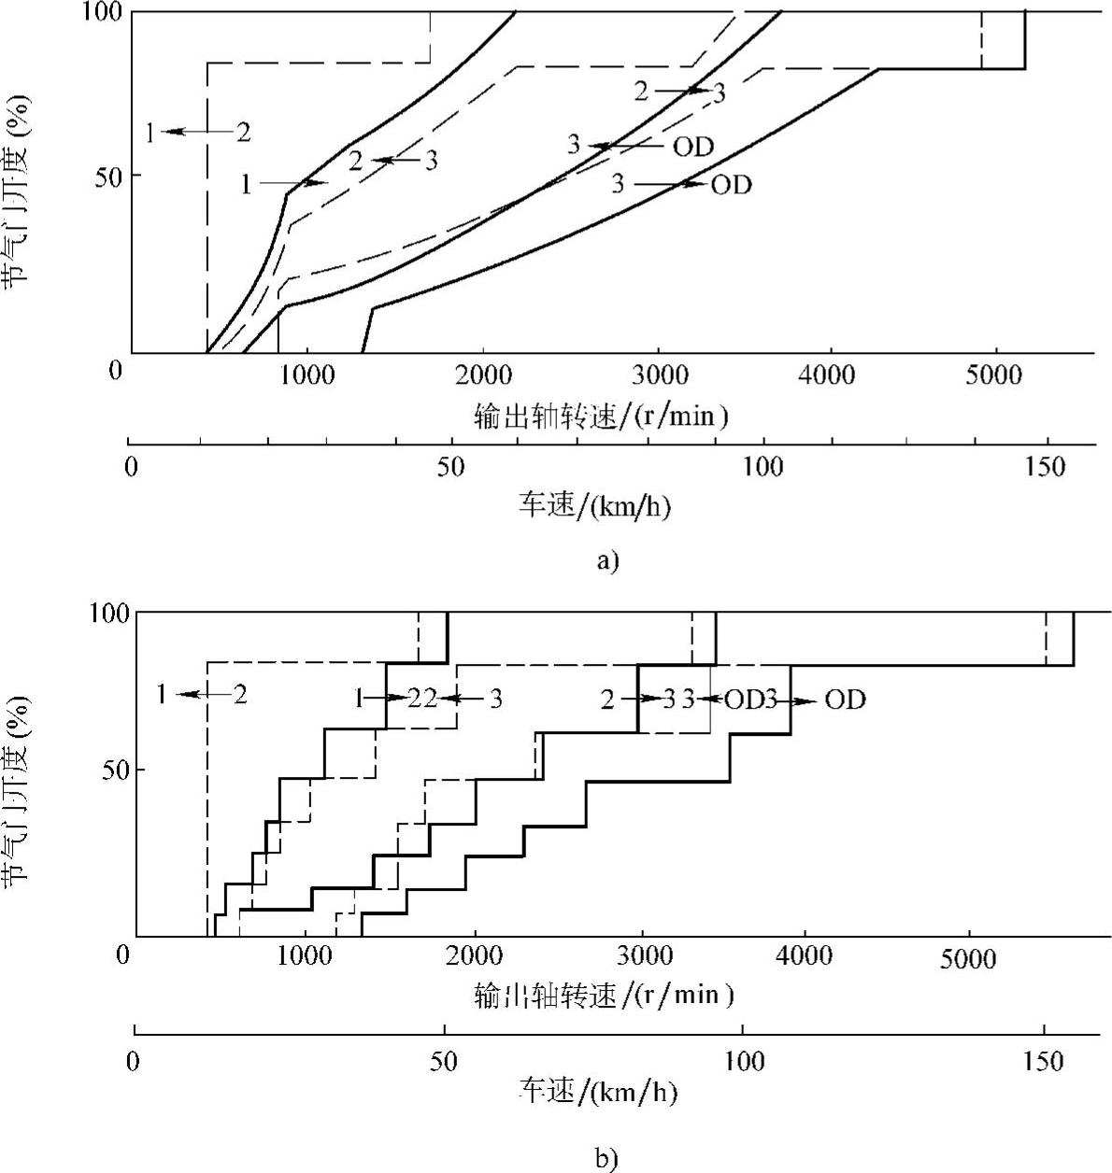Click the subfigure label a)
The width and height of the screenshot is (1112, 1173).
(x=606, y=560)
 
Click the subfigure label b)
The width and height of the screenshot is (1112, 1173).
(x=606, y=1159)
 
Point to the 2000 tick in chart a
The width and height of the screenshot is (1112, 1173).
(x=483, y=375)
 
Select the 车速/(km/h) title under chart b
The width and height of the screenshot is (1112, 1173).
(x=598, y=1091)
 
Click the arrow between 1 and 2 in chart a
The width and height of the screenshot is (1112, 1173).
(x=197, y=132)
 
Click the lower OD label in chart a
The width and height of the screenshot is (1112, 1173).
(x=731, y=185)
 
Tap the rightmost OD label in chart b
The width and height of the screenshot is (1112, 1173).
(x=845, y=700)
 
